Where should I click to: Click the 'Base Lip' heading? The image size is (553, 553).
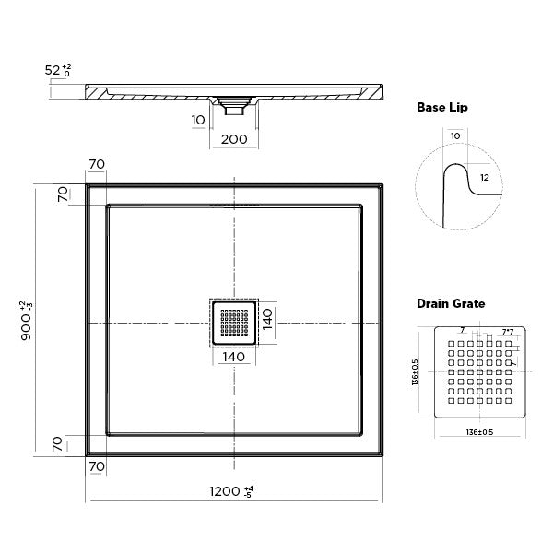pyautogui.click(x=442, y=108)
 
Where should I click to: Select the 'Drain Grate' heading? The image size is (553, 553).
pyautogui.click(x=451, y=302)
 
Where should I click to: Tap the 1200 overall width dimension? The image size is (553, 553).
pyautogui.click(x=225, y=491)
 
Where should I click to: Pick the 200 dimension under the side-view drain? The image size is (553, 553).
pyautogui.click(x=234, y=138)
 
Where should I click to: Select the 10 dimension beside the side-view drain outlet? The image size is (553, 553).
pyautogui.click(x=199, y=120)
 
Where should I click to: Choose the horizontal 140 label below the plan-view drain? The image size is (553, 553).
pyautogui.click(x=234, y=356)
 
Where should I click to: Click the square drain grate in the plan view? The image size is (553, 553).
pyautogui.click(x=234, y=323)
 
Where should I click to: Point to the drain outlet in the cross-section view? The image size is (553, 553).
pyautogui.click(x=233, y=105)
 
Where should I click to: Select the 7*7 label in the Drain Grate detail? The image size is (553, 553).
pyautogui.click(x=508, y=329)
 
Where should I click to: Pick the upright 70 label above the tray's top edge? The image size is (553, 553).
pyautogui.click(x=97, y=164)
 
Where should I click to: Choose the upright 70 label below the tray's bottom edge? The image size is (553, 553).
pyautogui.click(x=97, y=466)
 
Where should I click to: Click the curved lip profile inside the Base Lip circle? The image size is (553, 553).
pyautogui.click(x=456, y=184)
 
